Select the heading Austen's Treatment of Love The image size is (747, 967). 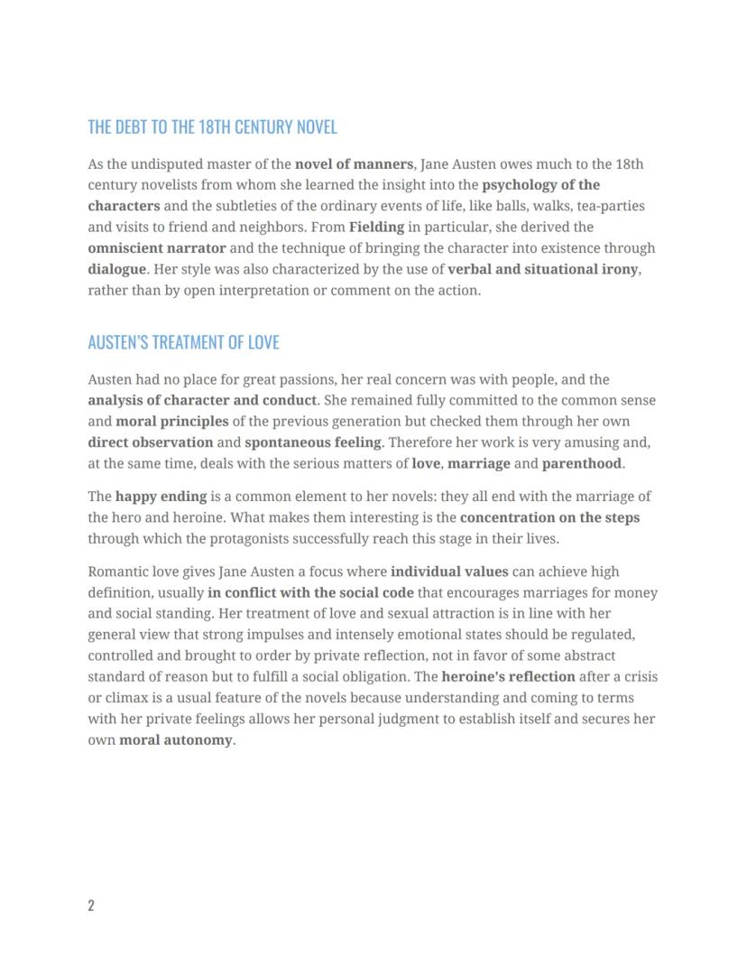[183, 342]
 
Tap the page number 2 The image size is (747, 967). [91, 906]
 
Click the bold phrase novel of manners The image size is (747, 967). [354, 164]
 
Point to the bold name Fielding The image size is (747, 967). [376, 227]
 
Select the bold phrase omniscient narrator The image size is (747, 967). [157, 247]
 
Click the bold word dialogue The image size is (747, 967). [116, 269]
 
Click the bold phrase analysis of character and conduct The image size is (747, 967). [202, 400]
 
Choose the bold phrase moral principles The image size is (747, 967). [172, 422]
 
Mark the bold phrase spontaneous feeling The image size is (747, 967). [313, 442]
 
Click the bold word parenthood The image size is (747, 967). [581, 463]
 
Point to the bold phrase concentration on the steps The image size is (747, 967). [549, 518]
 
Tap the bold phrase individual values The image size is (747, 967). [449, 572]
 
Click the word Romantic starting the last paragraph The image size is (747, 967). [118, 572]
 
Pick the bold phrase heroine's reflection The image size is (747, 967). [508, 676]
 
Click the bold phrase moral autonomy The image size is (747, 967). [175, 740]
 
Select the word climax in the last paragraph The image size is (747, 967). [127, 698]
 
